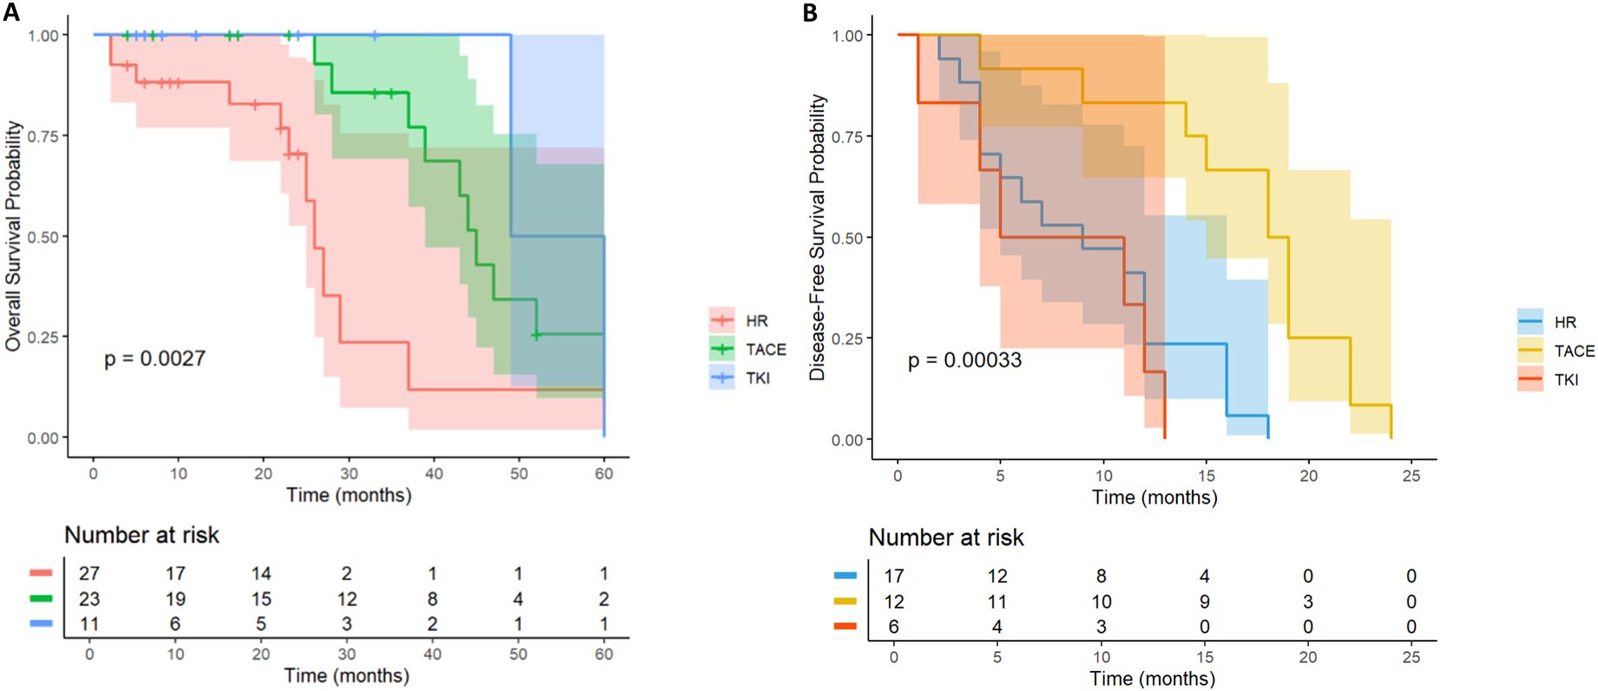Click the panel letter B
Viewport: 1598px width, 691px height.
[810, 12]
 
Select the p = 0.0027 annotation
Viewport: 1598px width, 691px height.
[155, 359]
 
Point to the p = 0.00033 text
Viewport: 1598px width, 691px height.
[964, 360]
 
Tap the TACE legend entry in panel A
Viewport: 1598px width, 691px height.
[765, 349]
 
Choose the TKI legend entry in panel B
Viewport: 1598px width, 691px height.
[1566, 379]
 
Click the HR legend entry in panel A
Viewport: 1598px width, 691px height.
[756, 320]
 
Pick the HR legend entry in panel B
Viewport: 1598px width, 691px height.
[1565, 322]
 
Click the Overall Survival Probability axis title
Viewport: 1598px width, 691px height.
[13, 236]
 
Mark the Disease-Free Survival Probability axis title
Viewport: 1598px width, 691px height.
[817, 237]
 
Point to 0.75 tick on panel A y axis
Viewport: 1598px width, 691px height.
[43, 136]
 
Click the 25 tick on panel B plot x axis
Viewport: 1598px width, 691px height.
[1411, 476]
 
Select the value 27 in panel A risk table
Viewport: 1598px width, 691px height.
[89, 573]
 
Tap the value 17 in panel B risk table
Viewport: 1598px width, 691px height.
[893, 576]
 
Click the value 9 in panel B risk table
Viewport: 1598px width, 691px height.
[1204, 601]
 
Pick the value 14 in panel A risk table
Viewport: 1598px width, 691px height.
[260, 573]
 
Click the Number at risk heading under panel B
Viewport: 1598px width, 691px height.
[946, 537]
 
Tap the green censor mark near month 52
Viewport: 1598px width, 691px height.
[536, 334]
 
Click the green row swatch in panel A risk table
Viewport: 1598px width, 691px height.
[41, 598]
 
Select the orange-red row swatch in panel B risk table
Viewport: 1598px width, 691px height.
[845, 626]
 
